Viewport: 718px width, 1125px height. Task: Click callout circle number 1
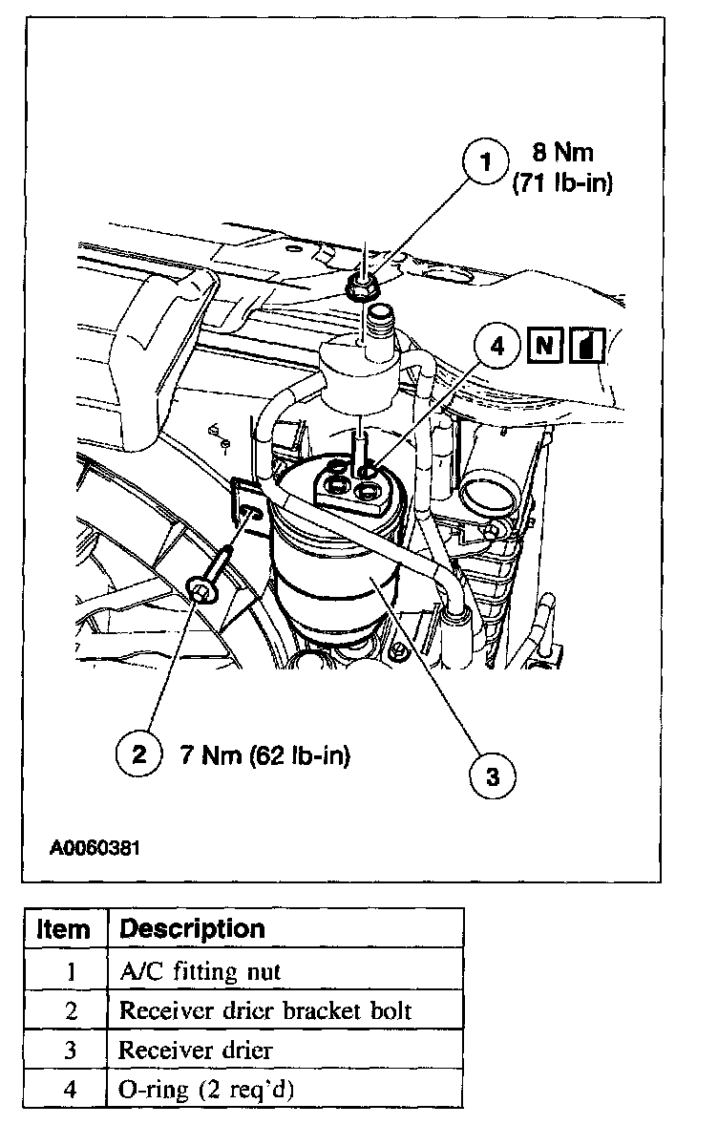[486, 163]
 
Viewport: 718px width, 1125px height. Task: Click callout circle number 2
[139, 755]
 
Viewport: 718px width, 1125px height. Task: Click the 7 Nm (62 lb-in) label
[264, 756]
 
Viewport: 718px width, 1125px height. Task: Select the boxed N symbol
[542, 346]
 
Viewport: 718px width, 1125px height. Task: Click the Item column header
[63, 929]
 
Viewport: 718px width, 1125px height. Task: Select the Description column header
[192, 928]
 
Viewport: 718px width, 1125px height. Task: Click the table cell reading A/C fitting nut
[200, 971]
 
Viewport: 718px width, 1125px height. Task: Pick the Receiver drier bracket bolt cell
[264, 1010]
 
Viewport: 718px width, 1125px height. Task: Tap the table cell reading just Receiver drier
[195, 1050]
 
